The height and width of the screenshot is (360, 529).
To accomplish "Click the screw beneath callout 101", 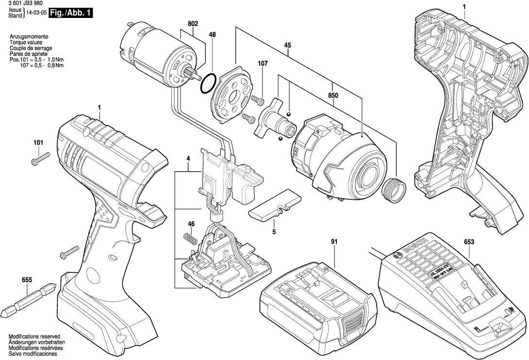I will coord(40,159).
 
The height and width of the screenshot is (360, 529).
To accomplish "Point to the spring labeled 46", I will coord(189,239).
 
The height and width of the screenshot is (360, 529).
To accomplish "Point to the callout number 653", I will coord(468,242).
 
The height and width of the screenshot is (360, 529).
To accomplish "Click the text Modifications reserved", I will coord(34,336).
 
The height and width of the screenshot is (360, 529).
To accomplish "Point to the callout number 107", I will coord(263,64).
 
